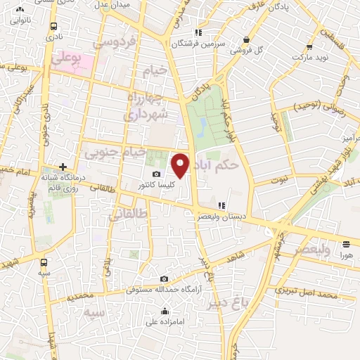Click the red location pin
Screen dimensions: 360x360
click(181, 164)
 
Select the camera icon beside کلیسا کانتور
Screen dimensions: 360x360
click(155, 174)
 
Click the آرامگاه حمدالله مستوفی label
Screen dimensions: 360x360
click(162, 289)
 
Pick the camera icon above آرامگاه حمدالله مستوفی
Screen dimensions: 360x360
click(164, 279)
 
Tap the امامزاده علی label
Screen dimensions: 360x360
click(165, 322)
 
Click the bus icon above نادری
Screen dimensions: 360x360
click(54, 25)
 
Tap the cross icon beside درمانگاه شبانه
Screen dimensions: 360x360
click(63, 166)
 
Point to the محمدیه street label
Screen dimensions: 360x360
click(80, 297)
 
